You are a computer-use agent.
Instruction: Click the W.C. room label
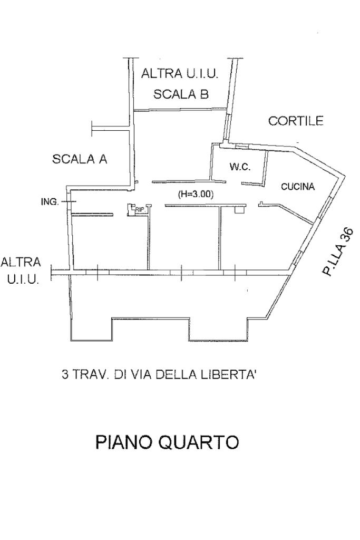[x=240, y=167]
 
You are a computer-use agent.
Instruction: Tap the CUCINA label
[x=298, y=187]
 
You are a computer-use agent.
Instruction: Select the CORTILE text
[x=296, y=121]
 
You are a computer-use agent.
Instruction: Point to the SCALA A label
[x=80, y=159]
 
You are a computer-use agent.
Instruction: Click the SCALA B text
[x=181, y=94]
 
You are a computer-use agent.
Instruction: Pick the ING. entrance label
[x=50, y=202]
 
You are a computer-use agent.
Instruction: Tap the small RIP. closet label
[x=140, y=210]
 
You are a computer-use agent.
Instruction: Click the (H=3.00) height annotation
[x=196, y=194]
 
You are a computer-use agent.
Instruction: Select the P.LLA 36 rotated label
[x=337, y=252]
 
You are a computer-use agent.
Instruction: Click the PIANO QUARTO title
[x=167, y=442]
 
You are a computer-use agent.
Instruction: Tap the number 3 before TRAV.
[x=65, y=375]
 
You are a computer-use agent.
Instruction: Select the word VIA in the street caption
[x=144, y=375]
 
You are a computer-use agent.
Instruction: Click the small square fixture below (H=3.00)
[x=239, y=210]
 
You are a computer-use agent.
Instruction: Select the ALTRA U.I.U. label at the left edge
[x=21, y=271]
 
